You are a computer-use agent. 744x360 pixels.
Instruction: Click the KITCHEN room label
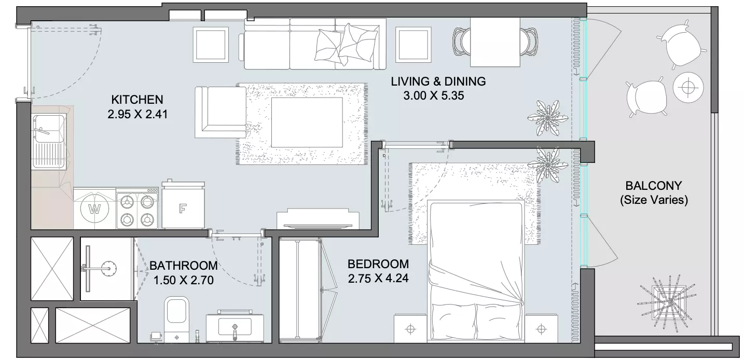click(137, 99)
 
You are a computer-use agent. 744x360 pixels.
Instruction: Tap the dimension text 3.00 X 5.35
click(433, 95)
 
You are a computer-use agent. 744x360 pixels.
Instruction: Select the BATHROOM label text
click(183, 266)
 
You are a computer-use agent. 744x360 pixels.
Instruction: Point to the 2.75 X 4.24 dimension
click(378, 279)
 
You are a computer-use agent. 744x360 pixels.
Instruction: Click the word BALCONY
click(654, 185)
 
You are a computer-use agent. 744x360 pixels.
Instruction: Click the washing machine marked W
click(94, 209)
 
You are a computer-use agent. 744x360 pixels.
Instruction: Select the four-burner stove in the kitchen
click(137, 209)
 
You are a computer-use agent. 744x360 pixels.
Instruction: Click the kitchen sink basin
click(48, 141)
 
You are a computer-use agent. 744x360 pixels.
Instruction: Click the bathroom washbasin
click(235, 326)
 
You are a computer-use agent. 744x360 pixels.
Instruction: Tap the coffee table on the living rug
click(307, 122)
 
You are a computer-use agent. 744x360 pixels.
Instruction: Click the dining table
click(495, 42)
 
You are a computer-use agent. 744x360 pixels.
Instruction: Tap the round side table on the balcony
click(688, 88)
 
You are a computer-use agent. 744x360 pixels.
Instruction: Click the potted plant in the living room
click(548, 118)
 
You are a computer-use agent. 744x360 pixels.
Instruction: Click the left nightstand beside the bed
click(410, 329)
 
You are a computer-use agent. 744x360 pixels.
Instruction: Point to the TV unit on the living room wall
click(318, 219)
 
